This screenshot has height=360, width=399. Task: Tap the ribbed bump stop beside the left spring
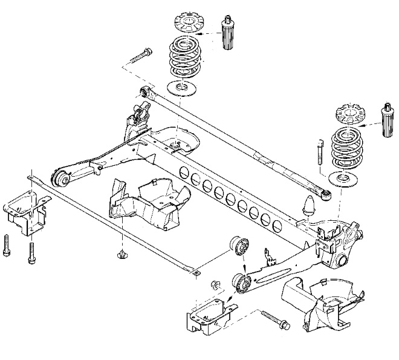pyautogui.click(x=229, y=34)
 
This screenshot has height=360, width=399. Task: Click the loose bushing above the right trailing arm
pyautogui.click(x=238, y=247)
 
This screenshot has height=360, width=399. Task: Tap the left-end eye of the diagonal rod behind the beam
pyautogui.click(x=144, y=93)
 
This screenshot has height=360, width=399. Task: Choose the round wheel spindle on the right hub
pyautogui.click(x=342, y=261)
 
